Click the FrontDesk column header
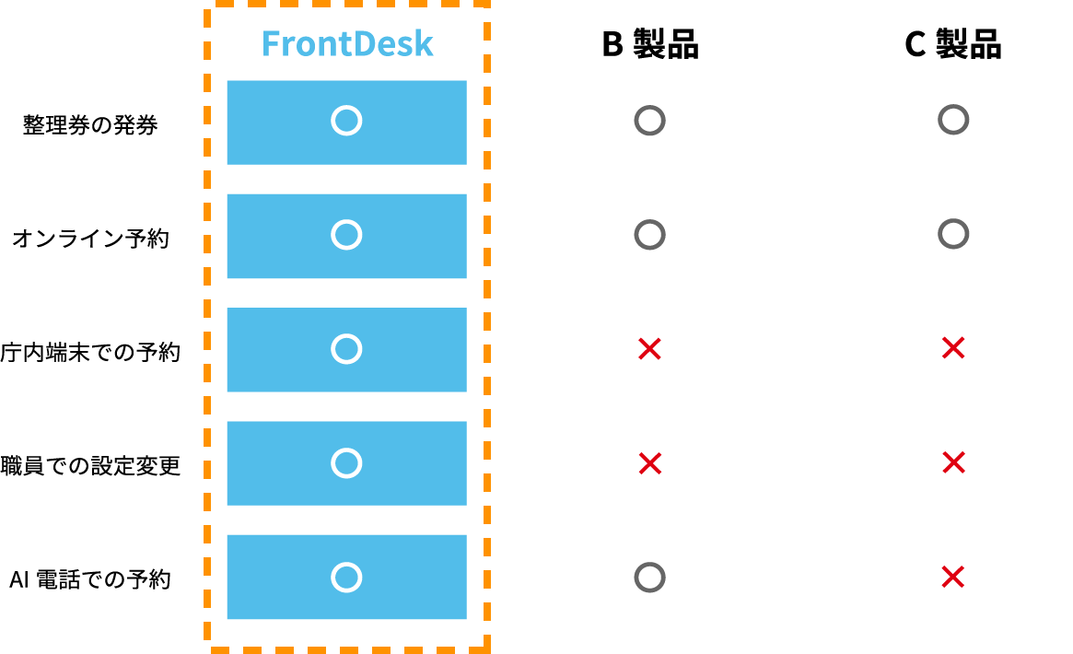[x=347, y=44]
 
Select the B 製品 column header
[x=650, y=44]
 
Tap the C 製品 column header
[x=953, y=44]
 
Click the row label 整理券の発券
[x=90, y=124]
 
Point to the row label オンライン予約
[x=90, y=238]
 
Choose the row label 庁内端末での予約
[x=90, y=352]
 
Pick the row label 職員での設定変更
[x=90, y=466]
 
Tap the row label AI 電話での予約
[x=90, y=579]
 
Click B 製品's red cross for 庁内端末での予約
[x=649, y=349]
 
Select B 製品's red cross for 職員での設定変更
[x=649, y=463]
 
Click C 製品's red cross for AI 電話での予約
[x=953, y=577]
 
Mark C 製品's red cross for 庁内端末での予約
[x=953, y=348]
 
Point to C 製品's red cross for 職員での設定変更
[x=953, y=462]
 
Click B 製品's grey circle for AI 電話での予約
[x=649, y=578]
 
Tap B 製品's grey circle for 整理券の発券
[x=649, y=121]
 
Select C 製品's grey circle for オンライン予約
[x=953, y=234]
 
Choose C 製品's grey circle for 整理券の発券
[x=953, y=120]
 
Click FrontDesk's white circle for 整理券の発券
[x=346, y=121]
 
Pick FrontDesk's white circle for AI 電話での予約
[x=346, y=578]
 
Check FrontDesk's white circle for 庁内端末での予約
[x=346, y=349]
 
